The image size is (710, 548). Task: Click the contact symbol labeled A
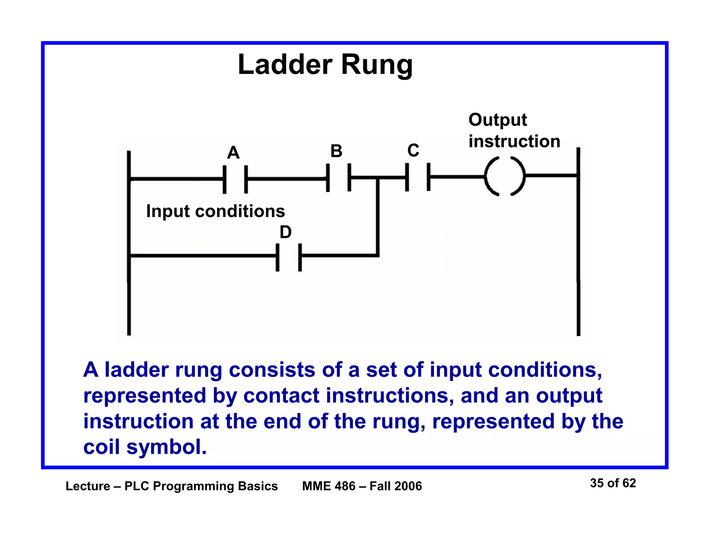pos(235,179)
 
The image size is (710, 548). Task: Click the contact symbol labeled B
pos(338,178)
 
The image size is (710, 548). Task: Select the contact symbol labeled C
pos(418,177)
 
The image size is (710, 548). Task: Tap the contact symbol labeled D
pos(288,257)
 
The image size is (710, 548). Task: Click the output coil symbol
pos(504,176)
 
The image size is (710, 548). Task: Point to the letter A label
pos(233,152)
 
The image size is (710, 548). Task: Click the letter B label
pos(336,151)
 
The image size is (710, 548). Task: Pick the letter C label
pos(413,150)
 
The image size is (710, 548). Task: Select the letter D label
pos(285,232)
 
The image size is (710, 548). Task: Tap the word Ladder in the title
pos(285,65)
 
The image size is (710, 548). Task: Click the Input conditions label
pos(215,211)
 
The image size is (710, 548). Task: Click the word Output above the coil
pos(497,120)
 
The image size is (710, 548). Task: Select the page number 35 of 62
pos(613,483)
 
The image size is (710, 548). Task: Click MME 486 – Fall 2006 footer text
pos(362,486)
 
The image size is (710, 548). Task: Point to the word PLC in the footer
pos(137,486)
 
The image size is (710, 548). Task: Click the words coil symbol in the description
pos(145,447)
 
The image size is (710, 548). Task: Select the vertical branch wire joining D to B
pos(378,216)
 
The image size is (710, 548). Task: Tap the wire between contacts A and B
pos(287,179)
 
